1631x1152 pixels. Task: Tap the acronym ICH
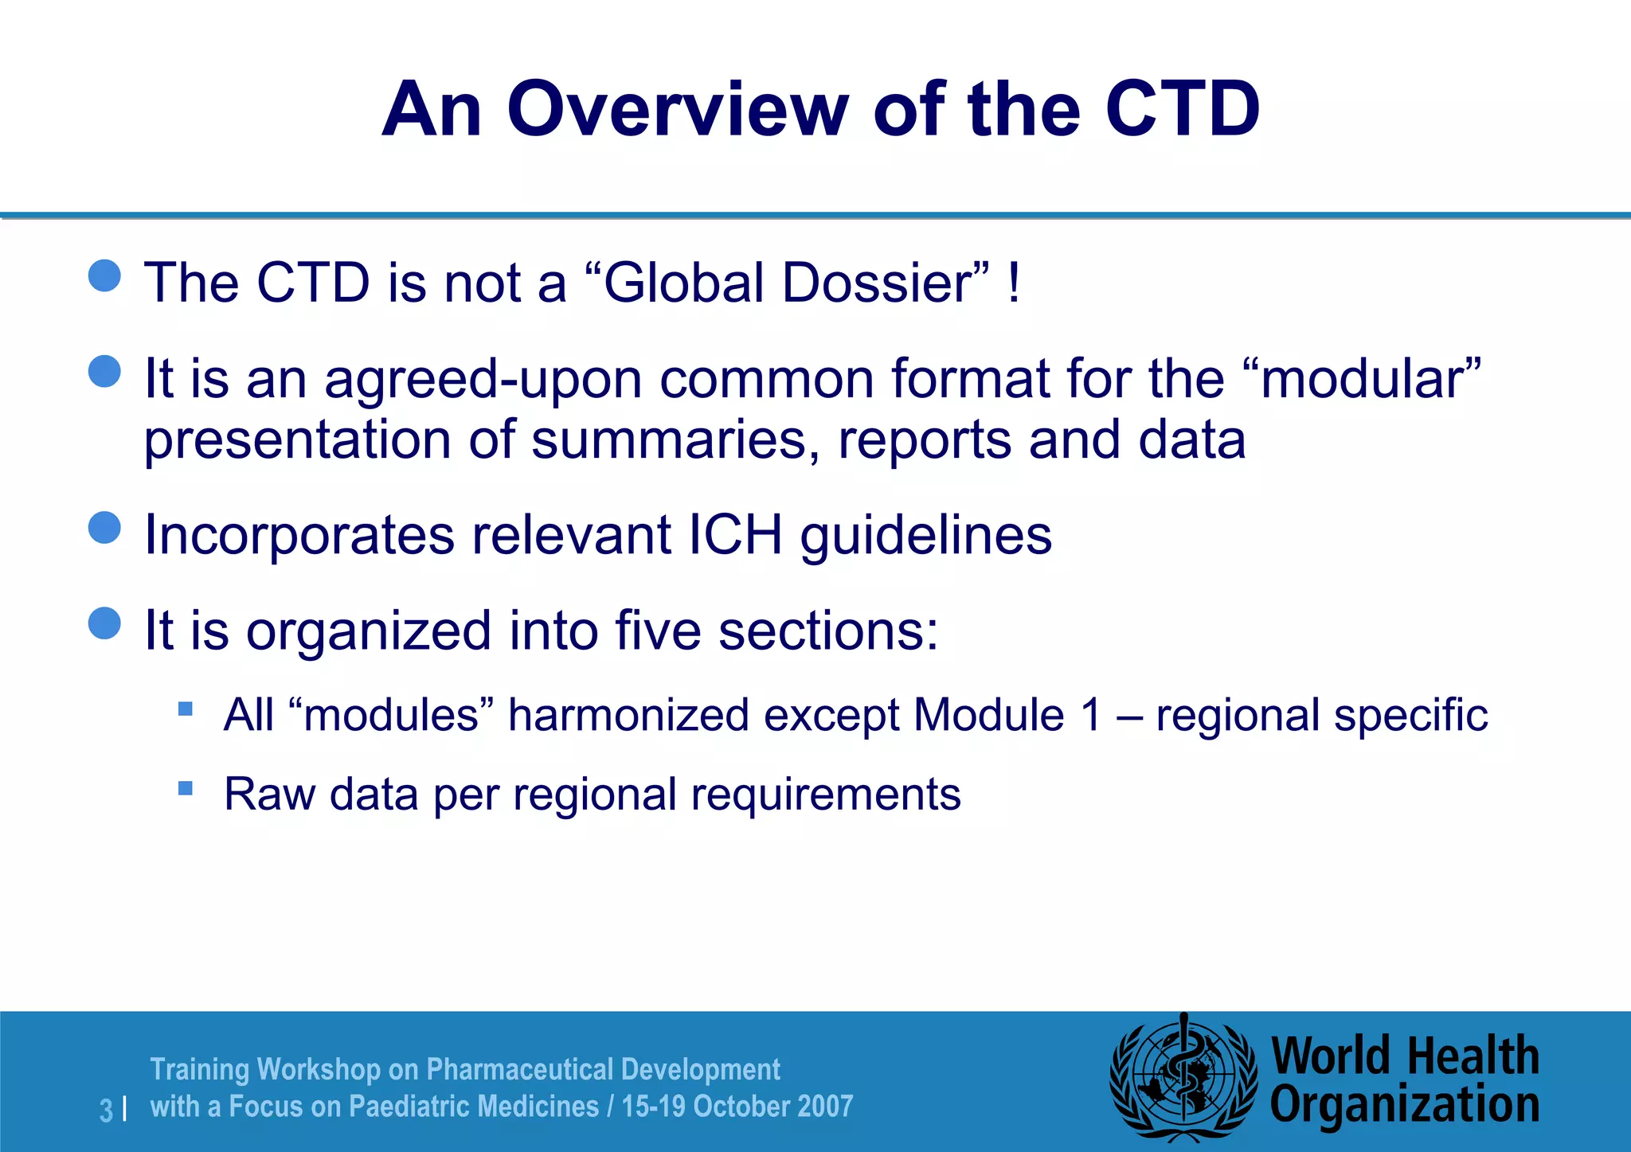click(x=734, y=535)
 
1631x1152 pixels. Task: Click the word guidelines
click(x=926, y=537)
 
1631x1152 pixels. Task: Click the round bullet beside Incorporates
click(x=104, y=528)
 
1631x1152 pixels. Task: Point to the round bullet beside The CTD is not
click(x=104, y=276)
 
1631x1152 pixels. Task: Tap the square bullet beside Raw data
click(x=186, y=788)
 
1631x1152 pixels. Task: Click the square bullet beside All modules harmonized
click(x=186, y=709)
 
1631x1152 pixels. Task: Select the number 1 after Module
click(x=1090, y=715)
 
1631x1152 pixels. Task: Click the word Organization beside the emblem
click(x=1404, y=1105)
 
